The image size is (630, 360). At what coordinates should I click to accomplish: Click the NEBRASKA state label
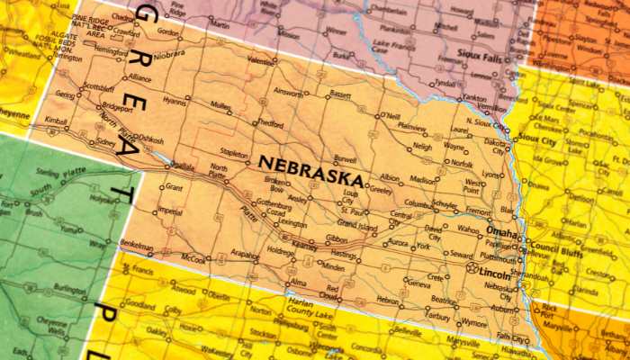pos(310,164)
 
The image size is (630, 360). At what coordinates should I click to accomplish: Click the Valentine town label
pos(261,60)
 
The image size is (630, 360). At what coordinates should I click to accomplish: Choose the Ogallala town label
pos(183,166)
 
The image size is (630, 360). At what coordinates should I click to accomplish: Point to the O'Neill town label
pos(390,116)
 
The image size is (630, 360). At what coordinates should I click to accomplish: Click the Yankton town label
pos(475,99)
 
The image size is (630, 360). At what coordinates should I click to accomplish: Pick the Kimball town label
pos(56,120)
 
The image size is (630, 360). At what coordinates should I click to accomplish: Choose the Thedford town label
pos(270,123)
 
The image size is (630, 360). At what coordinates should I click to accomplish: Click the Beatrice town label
pos(444,300)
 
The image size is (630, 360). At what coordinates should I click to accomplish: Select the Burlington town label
pos(67,289)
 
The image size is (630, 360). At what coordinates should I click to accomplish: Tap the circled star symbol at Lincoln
pos(471,267)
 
